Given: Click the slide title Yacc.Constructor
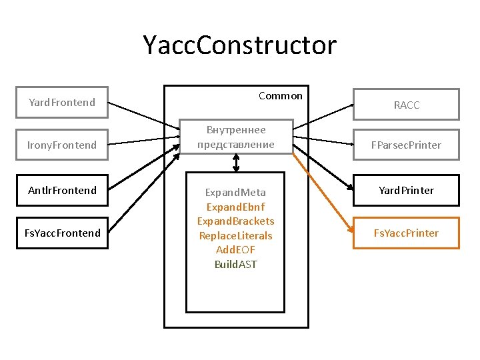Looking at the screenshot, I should [x=240, y=45].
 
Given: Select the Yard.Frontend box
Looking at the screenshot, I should [x=61, y=103].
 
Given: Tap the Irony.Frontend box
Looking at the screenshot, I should [x=61, y=145].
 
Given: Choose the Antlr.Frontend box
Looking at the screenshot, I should [x=61, y=190].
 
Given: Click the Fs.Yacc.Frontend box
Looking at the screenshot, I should [x=61, y=233].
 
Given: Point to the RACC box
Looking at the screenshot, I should [x=406, y=105].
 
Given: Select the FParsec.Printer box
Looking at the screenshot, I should [x=406, y=145].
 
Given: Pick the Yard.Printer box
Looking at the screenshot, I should [x=406, y=190].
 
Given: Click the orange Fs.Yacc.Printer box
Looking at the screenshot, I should [x=406, y=233].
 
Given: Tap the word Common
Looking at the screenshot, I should [x=280, y=96].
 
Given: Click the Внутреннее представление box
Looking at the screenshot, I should [x=236, y=137].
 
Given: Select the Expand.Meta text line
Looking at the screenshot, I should [x=235, y=193].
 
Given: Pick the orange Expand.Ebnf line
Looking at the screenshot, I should [x=235, y=207].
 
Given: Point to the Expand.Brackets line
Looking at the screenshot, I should [x=235, y=221].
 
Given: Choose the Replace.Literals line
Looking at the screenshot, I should [x=235, y=235].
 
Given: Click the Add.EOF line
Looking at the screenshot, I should [x=235, y=250].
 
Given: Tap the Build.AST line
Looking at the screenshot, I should [x=235, y=264].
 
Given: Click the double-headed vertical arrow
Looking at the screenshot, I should [x=237, y=163].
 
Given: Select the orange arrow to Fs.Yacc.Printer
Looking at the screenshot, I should [x=323, y=193].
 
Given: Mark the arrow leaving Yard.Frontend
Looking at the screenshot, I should [x=143, y=116].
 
